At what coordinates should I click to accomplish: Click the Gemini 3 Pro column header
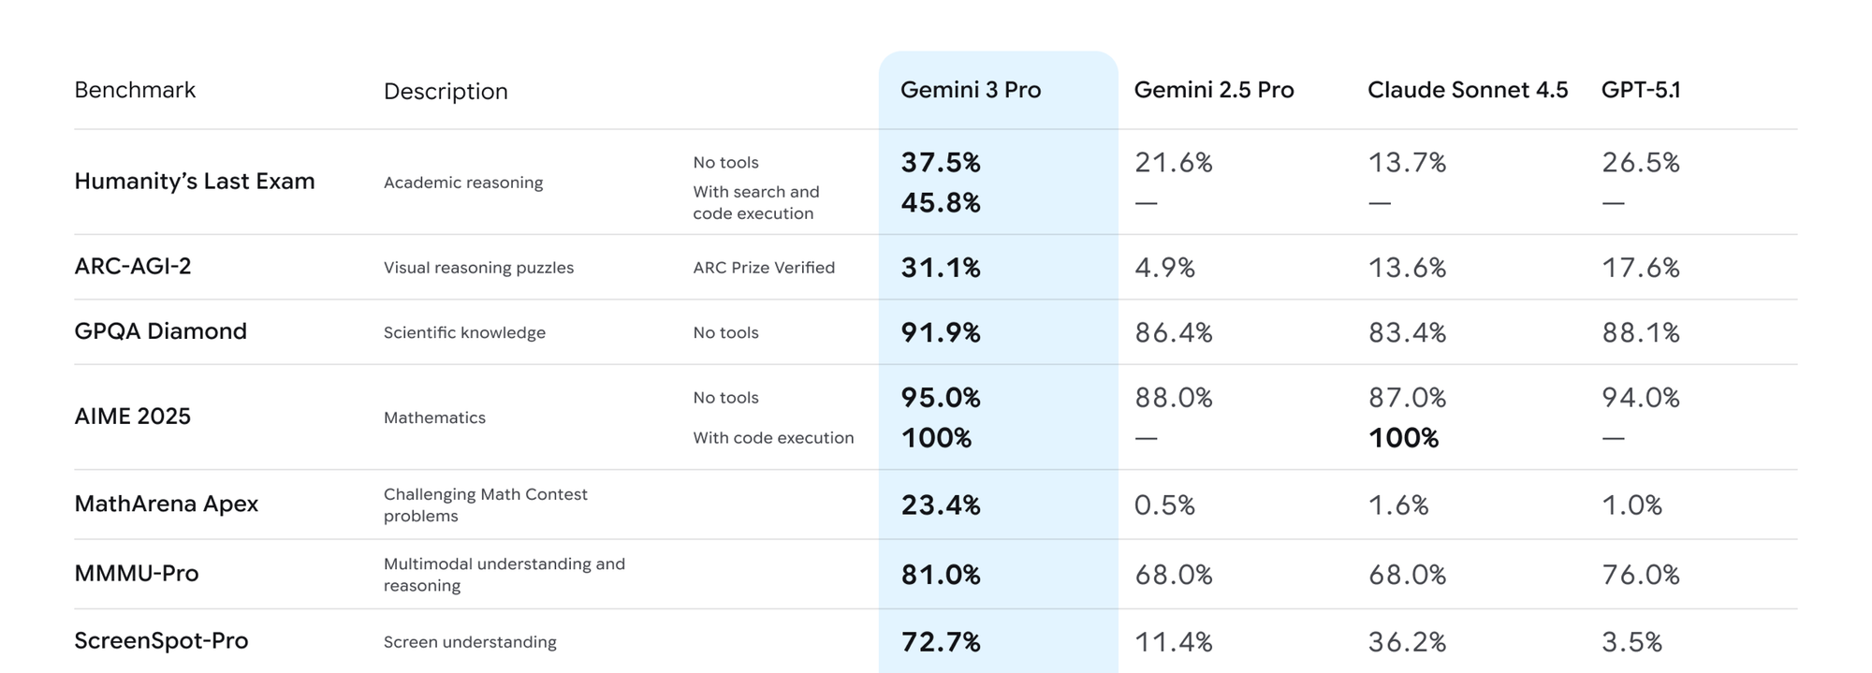coord(970,90)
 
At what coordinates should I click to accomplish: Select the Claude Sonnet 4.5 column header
coord(1467,90)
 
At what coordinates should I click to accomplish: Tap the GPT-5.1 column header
coord(1640,90)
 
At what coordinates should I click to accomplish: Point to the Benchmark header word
coord(135,90)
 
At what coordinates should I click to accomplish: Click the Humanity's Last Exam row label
coord(194,181)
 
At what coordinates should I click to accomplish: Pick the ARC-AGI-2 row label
coord(132,266)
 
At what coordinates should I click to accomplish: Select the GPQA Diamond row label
coord(160,331)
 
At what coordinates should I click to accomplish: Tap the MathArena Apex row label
coord(166,504)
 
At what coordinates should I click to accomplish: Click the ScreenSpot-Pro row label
coord(161,640)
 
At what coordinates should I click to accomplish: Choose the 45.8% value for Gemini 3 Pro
coord(940,203)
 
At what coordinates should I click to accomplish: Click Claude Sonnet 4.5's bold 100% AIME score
coord(1402,438)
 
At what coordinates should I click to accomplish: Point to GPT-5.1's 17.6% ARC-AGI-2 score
coord(1640,268)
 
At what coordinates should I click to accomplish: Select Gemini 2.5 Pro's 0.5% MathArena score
coord(1164,505)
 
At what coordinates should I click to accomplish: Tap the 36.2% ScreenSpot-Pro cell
coord(1407,642)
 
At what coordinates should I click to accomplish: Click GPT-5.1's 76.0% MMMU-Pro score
coord(1640,574)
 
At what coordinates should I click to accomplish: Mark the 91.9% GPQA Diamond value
coord(940,333)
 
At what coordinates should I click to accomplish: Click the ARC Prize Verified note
coord(764,268)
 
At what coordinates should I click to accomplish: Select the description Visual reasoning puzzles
coord(478,268)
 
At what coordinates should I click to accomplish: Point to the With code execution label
coord(773,438)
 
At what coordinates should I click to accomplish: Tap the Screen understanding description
coord(470,642)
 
